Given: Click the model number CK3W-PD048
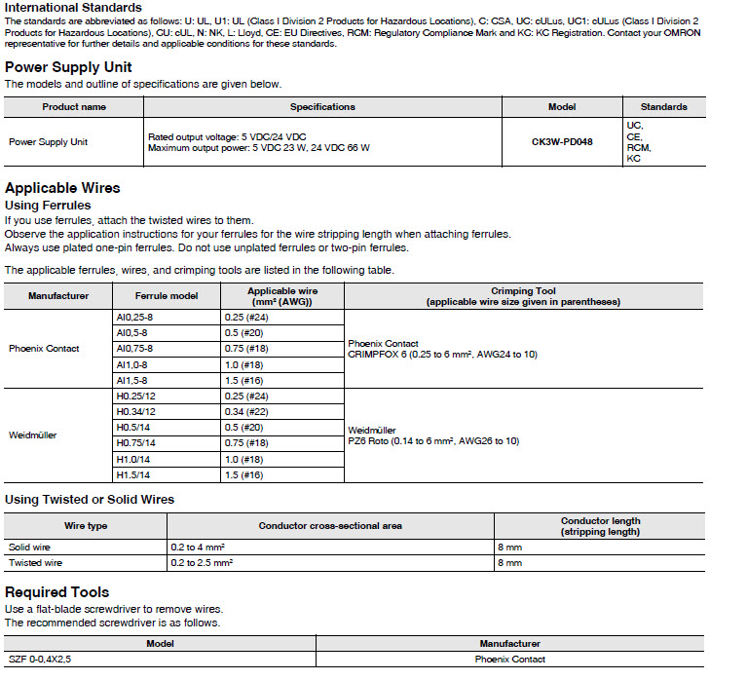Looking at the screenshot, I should click(562, 141).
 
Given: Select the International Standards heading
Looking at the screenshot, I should click(73, 8).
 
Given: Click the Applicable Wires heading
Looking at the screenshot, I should click(62, 187).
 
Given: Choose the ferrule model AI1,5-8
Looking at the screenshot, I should click(131, 380).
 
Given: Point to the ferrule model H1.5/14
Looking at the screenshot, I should click(132, 474).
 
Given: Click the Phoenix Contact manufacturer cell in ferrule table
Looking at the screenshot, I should click(44, 348).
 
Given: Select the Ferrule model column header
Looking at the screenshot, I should click(167, 296).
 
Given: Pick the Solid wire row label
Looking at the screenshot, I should click(30, 548).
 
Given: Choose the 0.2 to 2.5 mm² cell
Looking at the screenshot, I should click(202, 563).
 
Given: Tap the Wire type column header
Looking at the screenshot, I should click(86, 526).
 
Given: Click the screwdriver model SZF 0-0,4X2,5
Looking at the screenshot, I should click(40, 660).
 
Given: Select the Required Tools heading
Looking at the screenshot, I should click(57, 592).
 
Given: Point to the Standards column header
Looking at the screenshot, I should click(663, 107).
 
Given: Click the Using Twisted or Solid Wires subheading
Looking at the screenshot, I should click(90, 500).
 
